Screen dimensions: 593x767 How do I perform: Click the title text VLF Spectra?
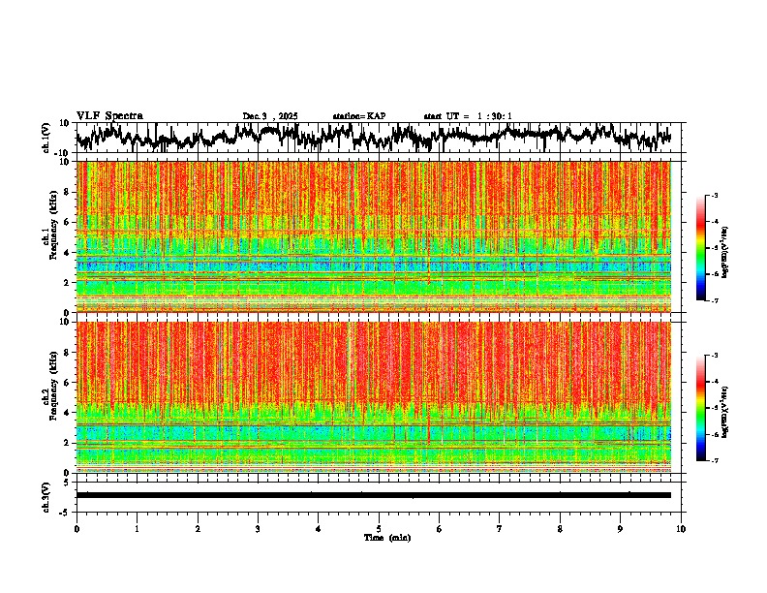pos(109,115)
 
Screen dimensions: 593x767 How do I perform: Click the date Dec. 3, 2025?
pos(270,116)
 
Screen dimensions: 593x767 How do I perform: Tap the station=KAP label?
pos(358,116)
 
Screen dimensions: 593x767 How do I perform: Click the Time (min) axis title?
pos(386,537)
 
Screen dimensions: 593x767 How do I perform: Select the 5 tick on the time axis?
pos(379,528)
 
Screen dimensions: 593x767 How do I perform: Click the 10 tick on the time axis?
pos(681,528)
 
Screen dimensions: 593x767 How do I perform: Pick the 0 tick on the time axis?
pos(77,528)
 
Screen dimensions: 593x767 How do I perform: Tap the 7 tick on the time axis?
pos(500,528)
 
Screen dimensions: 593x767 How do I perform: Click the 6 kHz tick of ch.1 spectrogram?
pos(69,222)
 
